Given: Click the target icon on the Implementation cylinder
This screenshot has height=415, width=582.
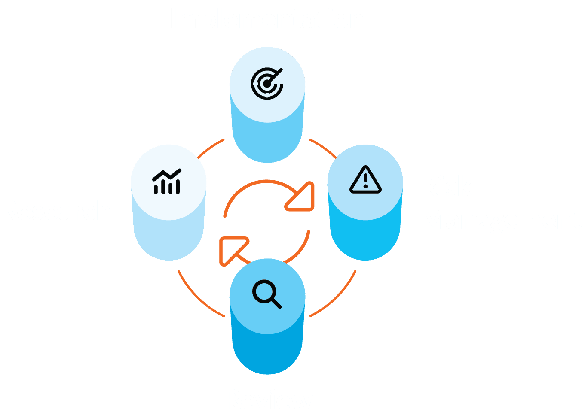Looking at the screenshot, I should (x=267, y=83).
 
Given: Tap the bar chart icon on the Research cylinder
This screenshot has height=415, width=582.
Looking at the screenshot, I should (x=167, y=182).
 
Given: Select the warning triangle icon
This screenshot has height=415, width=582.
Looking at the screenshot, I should (x=365, y=180).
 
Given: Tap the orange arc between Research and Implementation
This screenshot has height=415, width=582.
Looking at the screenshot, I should (x=210, y=148).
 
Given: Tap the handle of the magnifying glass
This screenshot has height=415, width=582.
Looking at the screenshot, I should (x=276, y=303).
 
